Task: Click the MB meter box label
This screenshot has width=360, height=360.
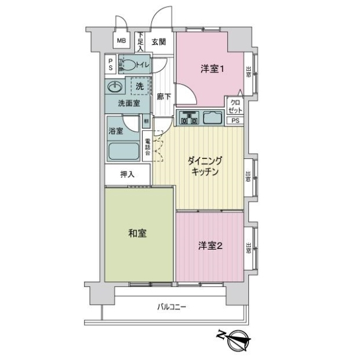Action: tap(121, 41)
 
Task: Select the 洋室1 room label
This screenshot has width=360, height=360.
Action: tap(212, 69)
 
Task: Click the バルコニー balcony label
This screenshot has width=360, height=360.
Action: tap(172, 307)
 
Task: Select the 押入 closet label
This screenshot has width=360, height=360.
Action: tap(127, 175)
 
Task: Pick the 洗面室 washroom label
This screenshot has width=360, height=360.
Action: tap(128, 103)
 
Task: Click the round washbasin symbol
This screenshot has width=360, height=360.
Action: tap(115, 87)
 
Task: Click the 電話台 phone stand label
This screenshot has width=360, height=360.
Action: tap(148, 146)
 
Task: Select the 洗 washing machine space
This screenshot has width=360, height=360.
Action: tap(139, 86)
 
